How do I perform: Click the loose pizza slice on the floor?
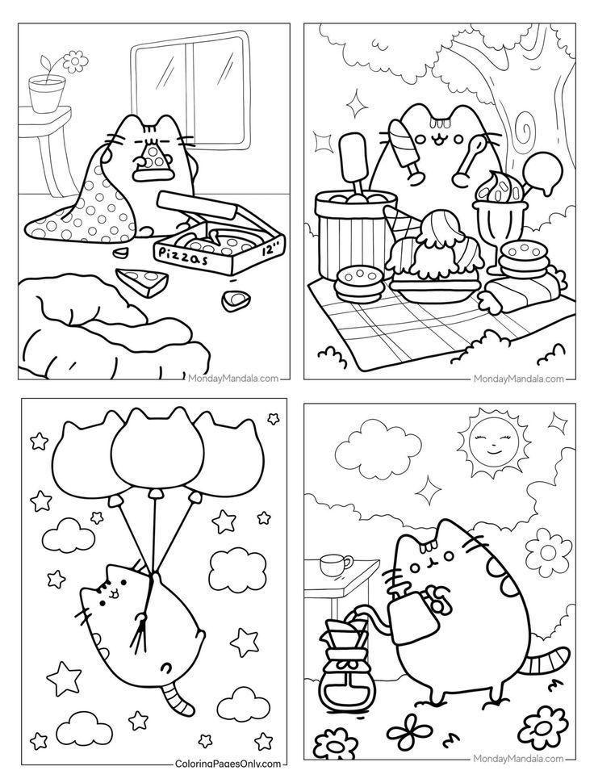(140, 282)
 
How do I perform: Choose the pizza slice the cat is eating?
(150, 159)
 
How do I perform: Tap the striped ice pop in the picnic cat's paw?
(403, 146)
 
